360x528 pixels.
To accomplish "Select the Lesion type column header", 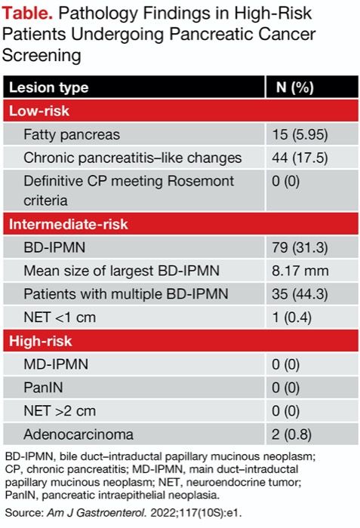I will pos(48,87).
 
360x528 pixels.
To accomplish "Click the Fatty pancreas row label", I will pos(72,134).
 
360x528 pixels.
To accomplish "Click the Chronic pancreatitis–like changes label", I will pos(132,158).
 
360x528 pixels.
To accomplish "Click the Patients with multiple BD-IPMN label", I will pos(125,293).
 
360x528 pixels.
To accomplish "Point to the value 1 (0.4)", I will pos(293,316).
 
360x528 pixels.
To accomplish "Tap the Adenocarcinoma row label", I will pos(78,434).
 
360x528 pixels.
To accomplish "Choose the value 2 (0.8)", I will pos(293,434).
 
